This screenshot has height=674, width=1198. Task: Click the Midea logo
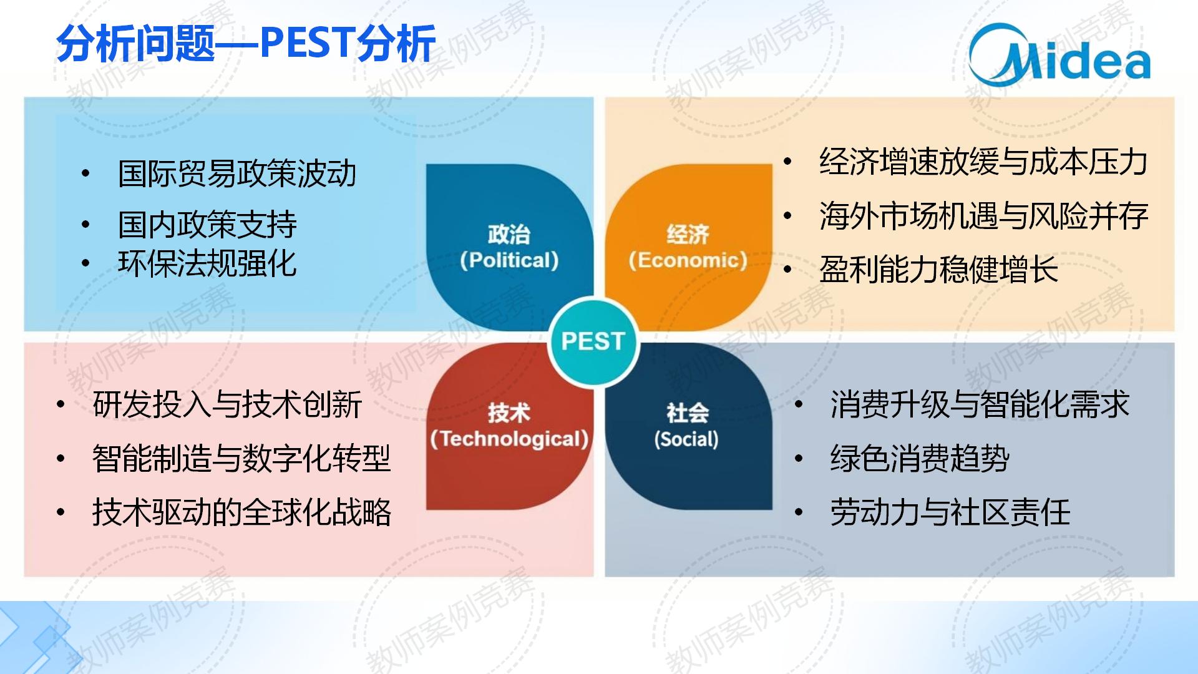(x=1059, y=55)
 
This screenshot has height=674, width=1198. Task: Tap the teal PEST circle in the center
(x=593, y=341)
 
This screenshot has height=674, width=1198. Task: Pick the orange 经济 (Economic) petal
(x=689, y=247)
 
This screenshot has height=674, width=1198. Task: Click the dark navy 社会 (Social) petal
(x=689, y=426)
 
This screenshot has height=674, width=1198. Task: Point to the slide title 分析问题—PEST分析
(x=246, y=44)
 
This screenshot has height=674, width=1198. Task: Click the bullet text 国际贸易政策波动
(x=237, y=173)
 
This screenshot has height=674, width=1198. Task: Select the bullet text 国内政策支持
(x=207, y=225)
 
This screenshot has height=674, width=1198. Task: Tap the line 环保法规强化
(x=207, y=263)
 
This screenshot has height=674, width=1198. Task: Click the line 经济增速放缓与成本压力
(x=983, y=162)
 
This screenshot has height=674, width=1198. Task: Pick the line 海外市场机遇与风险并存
(x=983, y=216)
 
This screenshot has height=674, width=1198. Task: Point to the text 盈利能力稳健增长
(x=938, y=270)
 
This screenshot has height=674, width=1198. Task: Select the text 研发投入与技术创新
(x=227, y=404)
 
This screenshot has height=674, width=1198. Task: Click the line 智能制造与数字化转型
(x=241, y=459)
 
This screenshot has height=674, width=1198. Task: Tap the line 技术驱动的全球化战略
(x=241, y=512)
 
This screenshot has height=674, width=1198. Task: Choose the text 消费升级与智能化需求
(x=980, y=404)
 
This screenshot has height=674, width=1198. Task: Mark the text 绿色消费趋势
(x=920, y=459)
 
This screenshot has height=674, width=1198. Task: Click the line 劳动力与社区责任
(x=950, y=512)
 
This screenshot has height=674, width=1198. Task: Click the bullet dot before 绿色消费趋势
(x=799, y=459)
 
